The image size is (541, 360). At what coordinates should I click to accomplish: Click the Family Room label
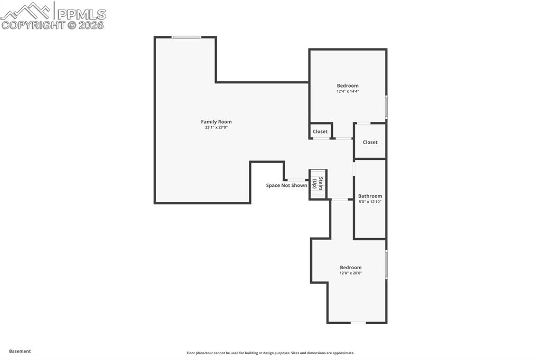point(216,122)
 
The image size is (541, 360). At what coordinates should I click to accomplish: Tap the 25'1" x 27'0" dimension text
point(216,127)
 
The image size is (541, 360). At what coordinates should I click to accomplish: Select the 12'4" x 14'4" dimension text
point(348,91)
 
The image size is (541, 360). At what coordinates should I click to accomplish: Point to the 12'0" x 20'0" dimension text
point(351,273)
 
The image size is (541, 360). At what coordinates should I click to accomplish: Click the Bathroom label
point(370,196)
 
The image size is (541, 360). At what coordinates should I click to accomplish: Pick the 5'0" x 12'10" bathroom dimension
point(370,202)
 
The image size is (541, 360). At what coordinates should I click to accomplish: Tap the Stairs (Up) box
point(318,184)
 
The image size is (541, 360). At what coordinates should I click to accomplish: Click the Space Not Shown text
point(286,186)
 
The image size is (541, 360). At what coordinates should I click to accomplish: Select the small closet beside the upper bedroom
point(320,131)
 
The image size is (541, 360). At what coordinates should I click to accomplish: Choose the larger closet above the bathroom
point(370,142)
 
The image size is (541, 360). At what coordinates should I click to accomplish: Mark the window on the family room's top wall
point(186,37)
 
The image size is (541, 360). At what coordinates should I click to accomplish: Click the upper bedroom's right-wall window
point(386,107)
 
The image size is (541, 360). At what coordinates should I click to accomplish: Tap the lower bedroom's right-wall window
point(386,264)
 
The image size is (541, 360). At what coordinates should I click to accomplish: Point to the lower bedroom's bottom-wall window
point(358,323)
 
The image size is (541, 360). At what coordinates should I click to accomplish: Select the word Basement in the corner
point(20,351)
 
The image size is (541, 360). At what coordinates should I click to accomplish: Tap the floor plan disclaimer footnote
point(270,353)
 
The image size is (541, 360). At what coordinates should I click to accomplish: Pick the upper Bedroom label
point(348,86)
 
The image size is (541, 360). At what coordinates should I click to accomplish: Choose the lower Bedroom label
point(351,268)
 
